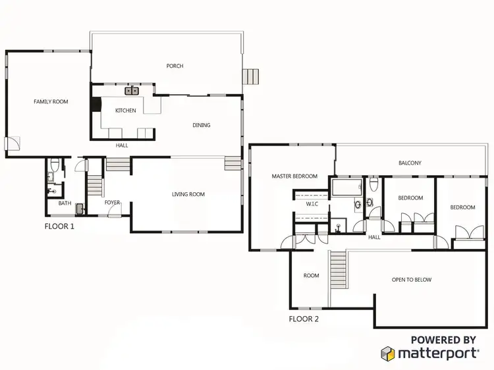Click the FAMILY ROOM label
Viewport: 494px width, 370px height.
[x=51, y=101]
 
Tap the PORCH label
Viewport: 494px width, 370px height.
[x=175, y=66]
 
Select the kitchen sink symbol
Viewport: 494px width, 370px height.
[x=132, y=91]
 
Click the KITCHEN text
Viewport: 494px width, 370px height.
[x=125, y=111]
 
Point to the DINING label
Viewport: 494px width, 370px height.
[x=201, y=125]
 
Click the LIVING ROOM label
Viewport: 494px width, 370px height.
[x=188, y=194]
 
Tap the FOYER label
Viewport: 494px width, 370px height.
[x=113, y=203]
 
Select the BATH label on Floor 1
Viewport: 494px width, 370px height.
[x=65, y=203]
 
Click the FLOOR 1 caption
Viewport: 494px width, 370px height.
[x=59, y=225]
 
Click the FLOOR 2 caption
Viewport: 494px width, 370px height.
[x=304, y=319]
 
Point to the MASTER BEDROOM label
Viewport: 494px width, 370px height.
[x=294, y=176]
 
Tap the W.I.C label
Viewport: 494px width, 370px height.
[x=312, y=204]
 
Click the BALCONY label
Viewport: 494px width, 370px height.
[x=410, y=163]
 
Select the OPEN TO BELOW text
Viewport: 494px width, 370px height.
[x=412, y=280]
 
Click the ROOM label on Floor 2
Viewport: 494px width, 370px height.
[x=311, y=276]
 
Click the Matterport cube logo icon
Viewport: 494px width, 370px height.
[x=388, y=354]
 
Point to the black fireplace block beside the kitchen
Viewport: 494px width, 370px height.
[x=96, y=105]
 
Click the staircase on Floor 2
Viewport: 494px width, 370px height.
[x=337, y=270]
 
